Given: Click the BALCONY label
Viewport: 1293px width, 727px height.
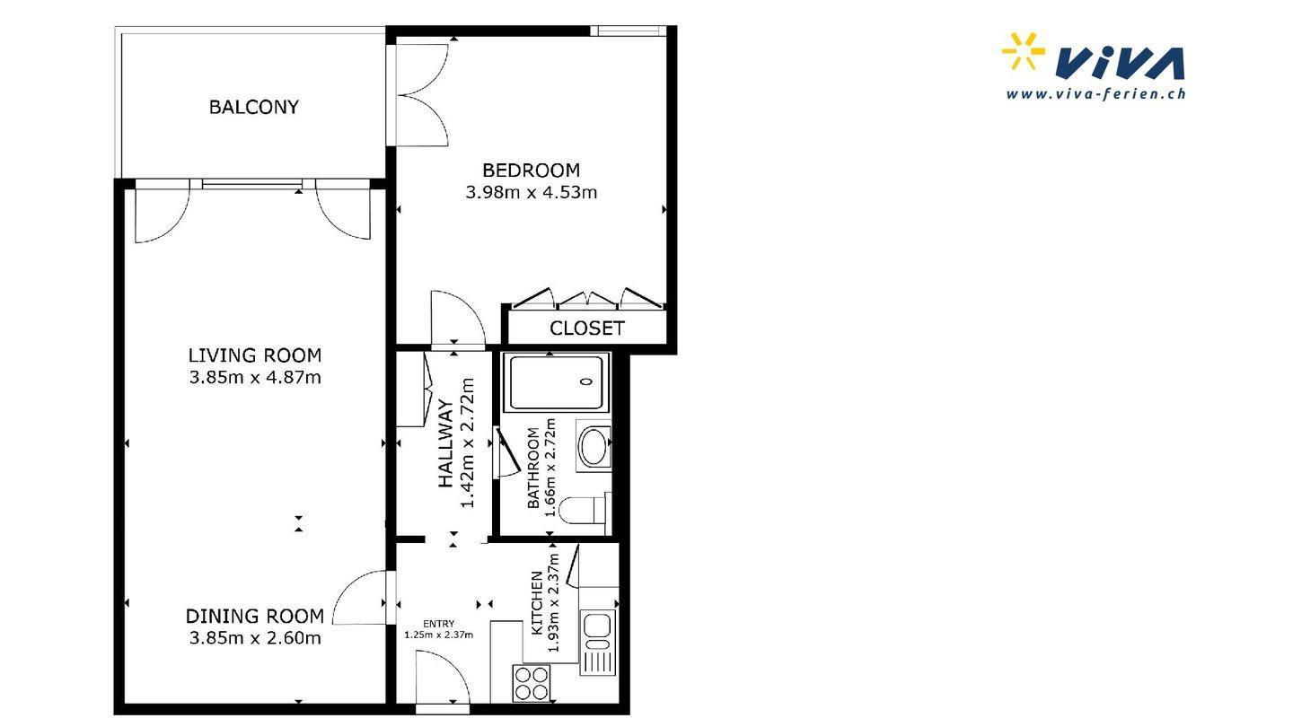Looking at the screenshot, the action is tap(254, 108).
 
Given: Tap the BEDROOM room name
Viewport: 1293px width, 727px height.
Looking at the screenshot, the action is tap(531, 171).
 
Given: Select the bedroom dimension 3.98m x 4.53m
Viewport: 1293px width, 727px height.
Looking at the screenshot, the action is tap(531, 192).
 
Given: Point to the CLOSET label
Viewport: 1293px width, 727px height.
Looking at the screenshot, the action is tap(587, 328).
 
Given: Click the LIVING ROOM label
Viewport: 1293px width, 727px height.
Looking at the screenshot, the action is tap(255, 355).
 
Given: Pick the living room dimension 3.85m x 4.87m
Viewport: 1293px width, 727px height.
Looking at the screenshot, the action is tap(255, 377).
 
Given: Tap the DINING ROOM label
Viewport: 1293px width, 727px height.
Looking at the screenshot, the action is tap(255, 617).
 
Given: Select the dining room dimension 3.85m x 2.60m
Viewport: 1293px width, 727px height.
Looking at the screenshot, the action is tap(255, 638).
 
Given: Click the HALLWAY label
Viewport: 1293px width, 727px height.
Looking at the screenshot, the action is tap(445, 443).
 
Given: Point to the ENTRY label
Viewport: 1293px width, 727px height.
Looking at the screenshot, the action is tap(439, 624).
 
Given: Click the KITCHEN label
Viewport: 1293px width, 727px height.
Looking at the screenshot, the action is tap(536, 602).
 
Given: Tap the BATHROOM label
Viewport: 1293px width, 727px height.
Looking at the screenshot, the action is tap(533, 468).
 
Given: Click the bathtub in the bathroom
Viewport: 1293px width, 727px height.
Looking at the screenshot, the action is tap(557, 382).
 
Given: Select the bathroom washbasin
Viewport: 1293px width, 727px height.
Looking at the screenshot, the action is tap(594, 446).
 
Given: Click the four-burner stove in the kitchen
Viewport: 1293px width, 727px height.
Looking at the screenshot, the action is tap(532, 683).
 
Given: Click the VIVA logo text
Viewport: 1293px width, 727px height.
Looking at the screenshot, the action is tap(1119, 64).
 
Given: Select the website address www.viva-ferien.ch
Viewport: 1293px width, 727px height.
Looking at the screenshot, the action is tap(1095, 93).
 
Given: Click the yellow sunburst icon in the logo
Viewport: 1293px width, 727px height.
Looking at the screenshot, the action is tap(1022, 51).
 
